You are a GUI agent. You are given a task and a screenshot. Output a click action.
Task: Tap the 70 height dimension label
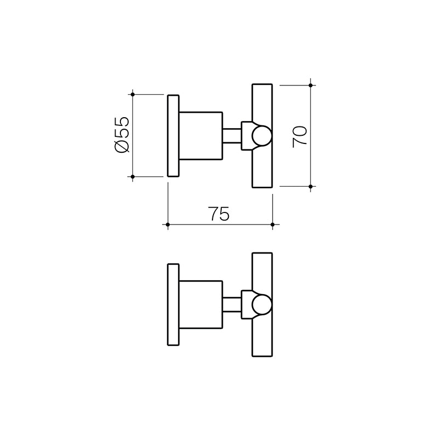(x=300, y=136)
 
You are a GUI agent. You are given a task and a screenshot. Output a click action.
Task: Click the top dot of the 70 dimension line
(x=310, y=85)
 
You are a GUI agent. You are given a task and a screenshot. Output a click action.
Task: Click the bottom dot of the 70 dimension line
(x=310, y=187)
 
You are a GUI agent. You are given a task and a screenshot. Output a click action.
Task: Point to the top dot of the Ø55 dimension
(x=132, y=94)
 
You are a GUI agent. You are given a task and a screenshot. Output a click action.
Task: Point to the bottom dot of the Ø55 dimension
(x=132, y=177)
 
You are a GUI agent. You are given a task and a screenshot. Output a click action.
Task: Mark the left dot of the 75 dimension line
(x=168, y=224)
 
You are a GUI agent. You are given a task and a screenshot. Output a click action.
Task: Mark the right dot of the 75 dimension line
(x=272, y=224)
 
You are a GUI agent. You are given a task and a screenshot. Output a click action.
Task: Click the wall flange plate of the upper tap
(x=173, y=136)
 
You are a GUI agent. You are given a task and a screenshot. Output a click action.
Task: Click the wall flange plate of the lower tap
(x=173, y=305)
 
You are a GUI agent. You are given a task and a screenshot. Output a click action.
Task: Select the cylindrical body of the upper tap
(x=201, y=136)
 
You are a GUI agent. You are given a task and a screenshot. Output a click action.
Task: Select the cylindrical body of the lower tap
(x=201, y=305)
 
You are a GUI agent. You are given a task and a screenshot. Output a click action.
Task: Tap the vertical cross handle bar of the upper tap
(x=262, y=99)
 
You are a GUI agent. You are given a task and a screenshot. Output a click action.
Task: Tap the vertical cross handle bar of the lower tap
(x=262, y=268)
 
